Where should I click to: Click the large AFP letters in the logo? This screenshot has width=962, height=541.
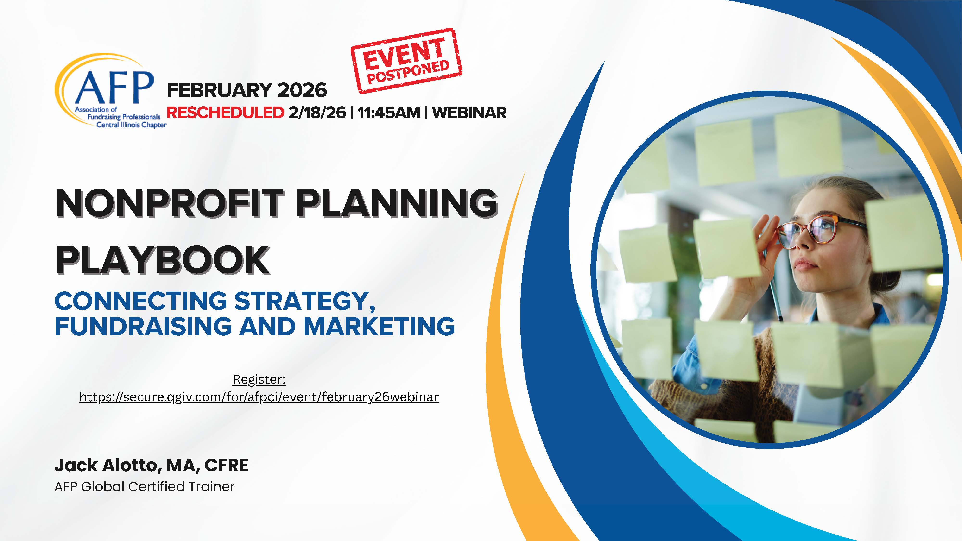point(114,88)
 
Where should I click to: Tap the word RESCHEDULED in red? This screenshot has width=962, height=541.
point(225,112)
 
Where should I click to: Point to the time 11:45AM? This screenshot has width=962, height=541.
point(388,112)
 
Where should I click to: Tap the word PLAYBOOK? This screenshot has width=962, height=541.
point(162,260)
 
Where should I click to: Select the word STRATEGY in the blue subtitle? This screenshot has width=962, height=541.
point(305,301)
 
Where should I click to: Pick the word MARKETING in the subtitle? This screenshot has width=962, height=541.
point(379,326)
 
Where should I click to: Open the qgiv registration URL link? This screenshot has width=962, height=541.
point(259,397)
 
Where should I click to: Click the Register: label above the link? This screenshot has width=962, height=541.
point(259,379)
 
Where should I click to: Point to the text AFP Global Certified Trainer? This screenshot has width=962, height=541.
point(145,486)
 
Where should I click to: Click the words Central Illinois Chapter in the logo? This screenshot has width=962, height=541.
point(132,125)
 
